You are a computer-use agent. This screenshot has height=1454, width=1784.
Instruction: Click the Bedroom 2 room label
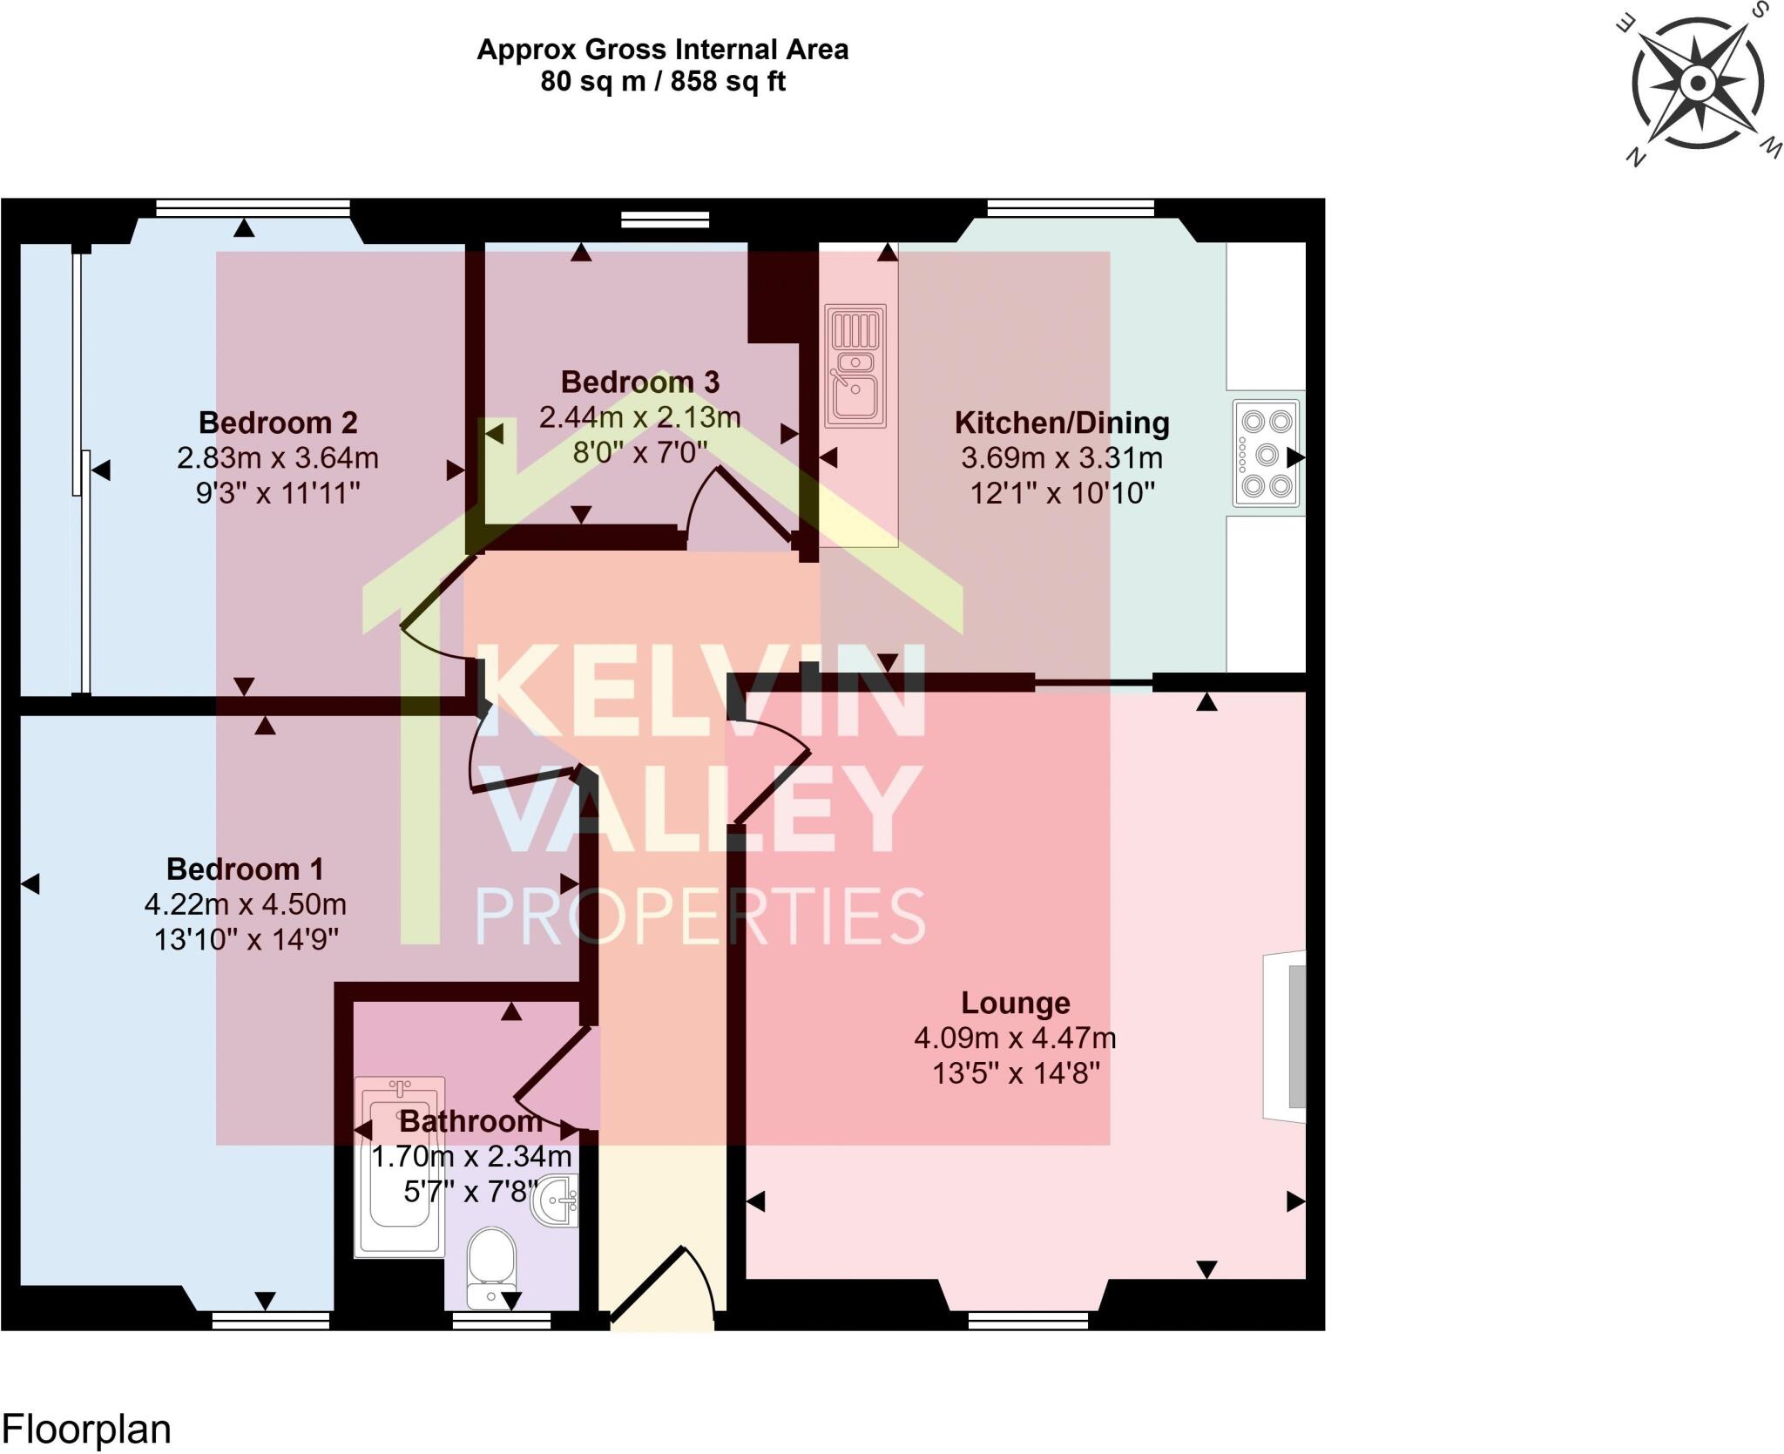click(278, 423)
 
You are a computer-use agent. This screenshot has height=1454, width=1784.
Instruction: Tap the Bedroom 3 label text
click(640, 382)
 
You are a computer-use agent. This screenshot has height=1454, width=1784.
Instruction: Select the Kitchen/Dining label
click(1062, 423)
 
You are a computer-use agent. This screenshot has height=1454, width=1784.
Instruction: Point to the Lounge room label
click(1016, 1004)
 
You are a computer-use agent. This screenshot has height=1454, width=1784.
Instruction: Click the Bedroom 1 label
click(245, 869)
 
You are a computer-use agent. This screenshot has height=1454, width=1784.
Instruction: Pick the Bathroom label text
click(471, 1122)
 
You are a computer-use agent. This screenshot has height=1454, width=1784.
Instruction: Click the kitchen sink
click(855, 366)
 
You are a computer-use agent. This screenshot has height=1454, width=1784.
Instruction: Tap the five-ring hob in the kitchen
click(1267, 453)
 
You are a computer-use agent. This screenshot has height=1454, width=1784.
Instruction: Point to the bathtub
click(400, 1167)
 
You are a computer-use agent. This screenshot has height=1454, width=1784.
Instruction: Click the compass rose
click(1698, 85)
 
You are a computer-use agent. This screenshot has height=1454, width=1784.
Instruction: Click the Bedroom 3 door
click(740, 505)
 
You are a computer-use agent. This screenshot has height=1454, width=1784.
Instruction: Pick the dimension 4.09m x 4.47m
click(1015, 1038)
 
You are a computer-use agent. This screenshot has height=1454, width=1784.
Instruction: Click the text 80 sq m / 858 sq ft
click(663, 82)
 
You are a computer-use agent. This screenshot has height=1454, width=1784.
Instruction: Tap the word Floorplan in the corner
click(87, 1430)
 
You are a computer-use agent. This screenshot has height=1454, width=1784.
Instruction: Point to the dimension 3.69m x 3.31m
click(1062, 458)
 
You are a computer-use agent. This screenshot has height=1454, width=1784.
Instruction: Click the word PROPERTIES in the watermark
click(699, 916)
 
